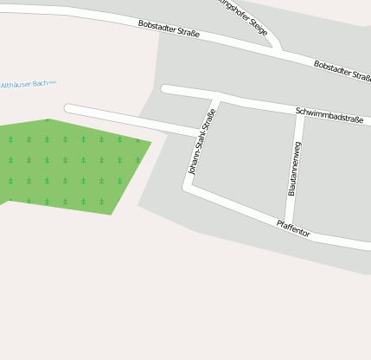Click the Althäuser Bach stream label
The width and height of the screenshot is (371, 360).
tap(28, 84)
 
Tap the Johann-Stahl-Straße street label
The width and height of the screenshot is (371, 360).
tap(201, 141)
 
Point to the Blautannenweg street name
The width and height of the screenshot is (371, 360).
tap(293, 168)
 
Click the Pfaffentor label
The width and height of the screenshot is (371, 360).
tap(293, 228)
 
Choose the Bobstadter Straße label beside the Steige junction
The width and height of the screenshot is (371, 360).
tap(169, 29)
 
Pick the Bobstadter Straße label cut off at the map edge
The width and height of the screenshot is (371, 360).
tap(342, 71)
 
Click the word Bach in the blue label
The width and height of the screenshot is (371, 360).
tap(41, 83)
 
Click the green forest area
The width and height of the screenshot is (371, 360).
tap(69, 164)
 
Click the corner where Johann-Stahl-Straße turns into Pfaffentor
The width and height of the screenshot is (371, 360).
tap(187, 186)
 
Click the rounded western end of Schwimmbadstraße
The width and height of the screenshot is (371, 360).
tap(165, 88)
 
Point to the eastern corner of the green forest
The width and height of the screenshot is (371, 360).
tap(151, 142)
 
